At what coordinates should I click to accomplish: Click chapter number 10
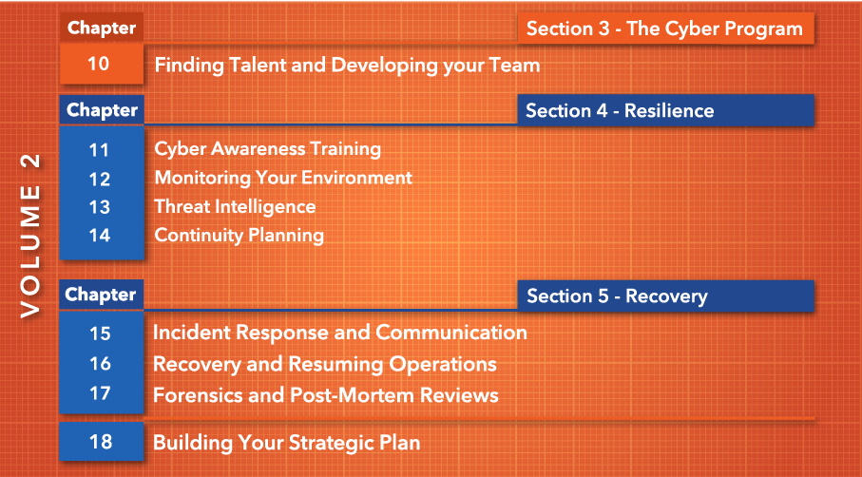point(99,64)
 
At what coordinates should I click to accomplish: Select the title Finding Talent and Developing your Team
point(347,66)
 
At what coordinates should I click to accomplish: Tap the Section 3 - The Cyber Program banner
point(665,29)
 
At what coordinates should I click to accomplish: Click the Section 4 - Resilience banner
point(665,110)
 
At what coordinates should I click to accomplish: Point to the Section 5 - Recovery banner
point(665,296)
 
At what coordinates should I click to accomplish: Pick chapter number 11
point(99,150)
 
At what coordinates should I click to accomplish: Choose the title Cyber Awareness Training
point(268,149)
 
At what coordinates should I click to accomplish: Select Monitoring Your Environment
point(283,178)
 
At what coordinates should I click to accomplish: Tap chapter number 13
point(100,207)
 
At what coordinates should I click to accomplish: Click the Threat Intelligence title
point(236,206)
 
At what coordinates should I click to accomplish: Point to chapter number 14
point(100,236)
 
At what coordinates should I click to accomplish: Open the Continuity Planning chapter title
point(239,236)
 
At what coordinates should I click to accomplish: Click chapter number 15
point(100,334)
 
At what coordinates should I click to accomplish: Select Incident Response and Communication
point(339,333)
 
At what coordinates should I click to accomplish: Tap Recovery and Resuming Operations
point(324,364)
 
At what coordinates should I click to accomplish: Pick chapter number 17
point(100,393)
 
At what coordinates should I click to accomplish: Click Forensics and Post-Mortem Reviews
point(325,395)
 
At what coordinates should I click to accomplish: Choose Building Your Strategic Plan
point(286,443)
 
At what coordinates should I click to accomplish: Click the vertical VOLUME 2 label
point(30,236)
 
